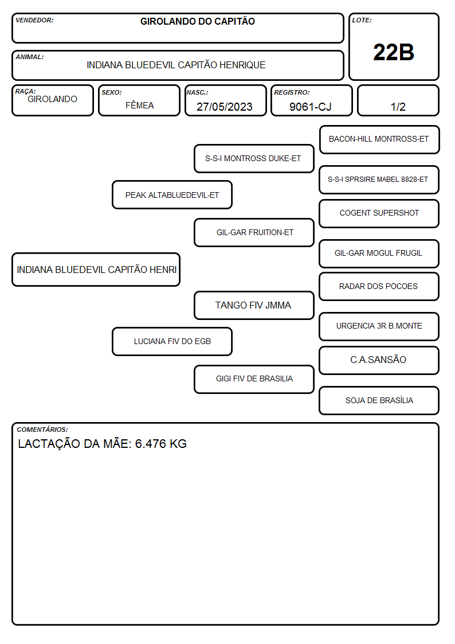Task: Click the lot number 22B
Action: click(x=394, y=52)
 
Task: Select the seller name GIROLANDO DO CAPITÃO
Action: click(x=197, y=21)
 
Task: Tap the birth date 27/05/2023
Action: click(x=225, y=107)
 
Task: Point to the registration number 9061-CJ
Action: click(x=310, y=107)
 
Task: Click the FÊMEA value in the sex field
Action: click(x=139, y=105)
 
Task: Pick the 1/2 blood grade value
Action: click(x=398, y=107)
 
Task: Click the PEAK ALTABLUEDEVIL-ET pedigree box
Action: click(x=172, y=194)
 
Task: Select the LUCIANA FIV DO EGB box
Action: click(x=172, y=341)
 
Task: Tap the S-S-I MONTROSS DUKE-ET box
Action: click(x=254, y=158)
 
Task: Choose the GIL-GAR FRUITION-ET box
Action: click(x=254, y=232)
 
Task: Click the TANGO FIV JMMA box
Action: click(x=254, y=305)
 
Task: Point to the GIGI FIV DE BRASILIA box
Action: click(x=254, y=379)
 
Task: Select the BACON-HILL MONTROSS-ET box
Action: click(x=379, y=140)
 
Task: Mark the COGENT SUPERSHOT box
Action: click(x=379, y=213)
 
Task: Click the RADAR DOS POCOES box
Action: click(x=379, y=286)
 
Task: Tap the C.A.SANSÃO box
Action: click(x=379, y=360)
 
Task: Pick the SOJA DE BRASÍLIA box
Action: click(x=379, y=400)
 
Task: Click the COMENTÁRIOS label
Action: click(x=42, y=430)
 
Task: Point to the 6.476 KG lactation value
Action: click(x=161, y=443)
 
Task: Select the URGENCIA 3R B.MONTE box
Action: click(x=379, y=326)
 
